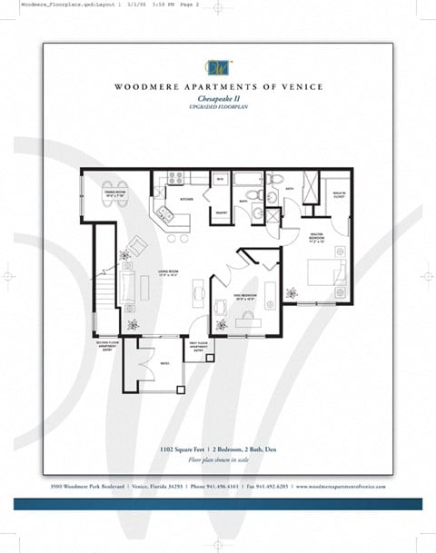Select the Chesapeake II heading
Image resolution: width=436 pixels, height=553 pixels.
[x=218, y=99]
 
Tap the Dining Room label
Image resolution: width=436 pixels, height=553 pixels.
[x=114, y=193]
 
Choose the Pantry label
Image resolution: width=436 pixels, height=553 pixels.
[x=220, y=212]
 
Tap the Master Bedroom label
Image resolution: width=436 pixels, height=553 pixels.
[x=316, y=241]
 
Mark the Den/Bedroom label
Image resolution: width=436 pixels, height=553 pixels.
[x=246, y=295]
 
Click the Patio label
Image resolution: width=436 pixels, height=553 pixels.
[x=163, y=363]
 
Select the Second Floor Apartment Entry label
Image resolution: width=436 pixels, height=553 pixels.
[x=107, y=345]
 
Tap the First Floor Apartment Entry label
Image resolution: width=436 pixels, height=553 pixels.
[x=201, y=347]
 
